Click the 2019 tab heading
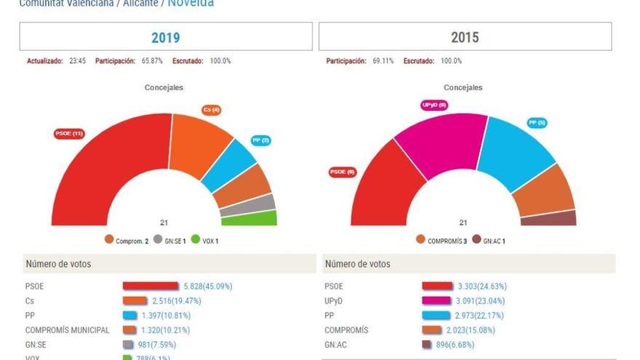(x=165, y=37)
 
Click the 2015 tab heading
(x=465, y=37)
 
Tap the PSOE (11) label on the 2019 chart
(x=70, y=134)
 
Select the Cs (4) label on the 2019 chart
(x=212, y=110)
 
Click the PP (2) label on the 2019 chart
(x=260, y=140)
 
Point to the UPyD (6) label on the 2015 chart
(x=434, y=105)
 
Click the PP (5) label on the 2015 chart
(x=537, y=123)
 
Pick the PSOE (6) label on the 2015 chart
(x=343, y=172)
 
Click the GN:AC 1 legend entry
(x=489, y=241)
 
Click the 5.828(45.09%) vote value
(x=207, y=287)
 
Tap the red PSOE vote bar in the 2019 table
(x=150, y=287)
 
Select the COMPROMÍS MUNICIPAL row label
(x=67, y=330)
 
